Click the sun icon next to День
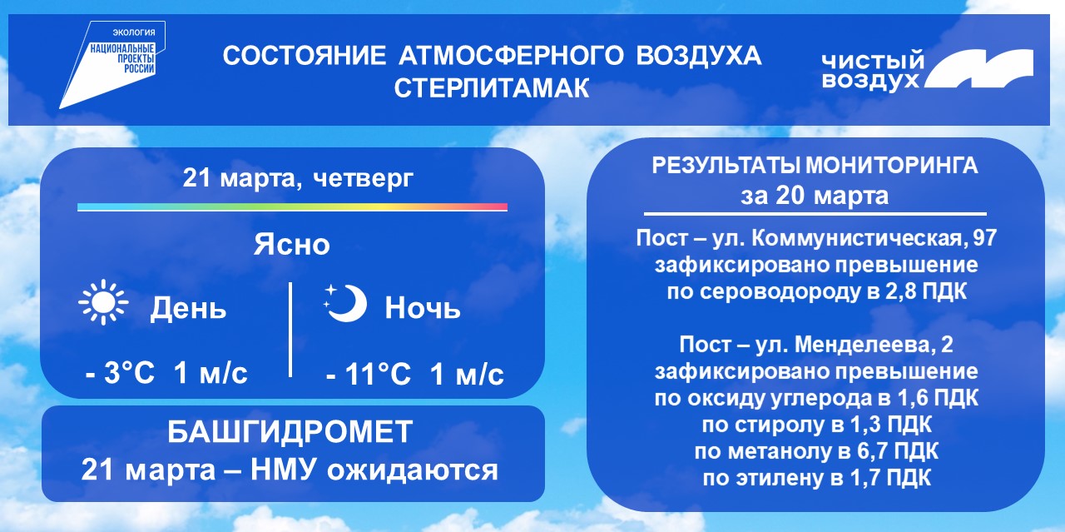[104, 303]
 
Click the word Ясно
[292, 245]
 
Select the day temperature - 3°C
[121, 373]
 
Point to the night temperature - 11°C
[369, 374]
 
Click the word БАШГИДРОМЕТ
[290, 432]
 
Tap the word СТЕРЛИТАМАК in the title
[492, 88]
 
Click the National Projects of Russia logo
[112, 65]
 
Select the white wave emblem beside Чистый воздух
[978, 69]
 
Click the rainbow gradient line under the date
[292, 207]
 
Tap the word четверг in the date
[364, 179]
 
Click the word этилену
[780, 478]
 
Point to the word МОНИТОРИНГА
[892, 166]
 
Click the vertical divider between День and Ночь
[290, 330]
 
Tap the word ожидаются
[413, 470]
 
